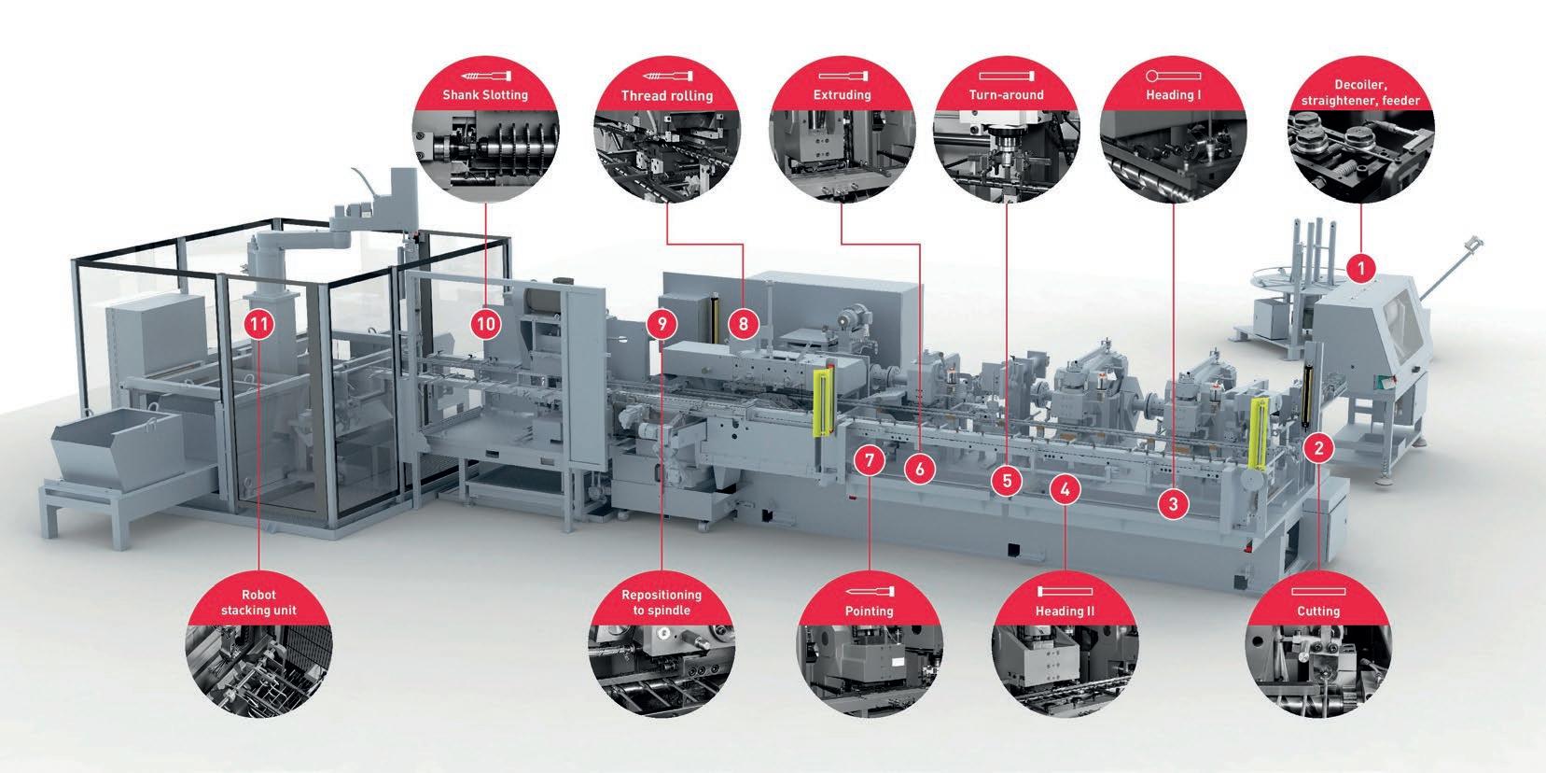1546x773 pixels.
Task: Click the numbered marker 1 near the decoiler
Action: (x=1361, y=269)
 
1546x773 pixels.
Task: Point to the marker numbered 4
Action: (x=1065, y=488)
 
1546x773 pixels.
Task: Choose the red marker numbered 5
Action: (x=1007, y=482)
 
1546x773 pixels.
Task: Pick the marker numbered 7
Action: (x=869, y=460)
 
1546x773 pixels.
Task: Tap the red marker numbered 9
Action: (x=662, y=325)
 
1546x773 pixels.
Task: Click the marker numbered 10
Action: (x=486, y=325)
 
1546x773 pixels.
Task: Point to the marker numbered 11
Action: (x=260, y=325)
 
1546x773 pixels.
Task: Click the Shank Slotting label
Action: (x=485, y=94)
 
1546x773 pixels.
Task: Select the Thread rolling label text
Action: (x=666, y=95)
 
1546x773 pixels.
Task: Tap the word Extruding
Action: (x=842, y=94)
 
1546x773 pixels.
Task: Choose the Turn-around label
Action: (x=1007, y=94)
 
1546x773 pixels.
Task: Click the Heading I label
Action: (x=1173, y=94)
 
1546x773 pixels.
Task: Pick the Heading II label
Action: (x=1065, y=611)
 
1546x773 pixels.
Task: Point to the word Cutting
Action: (x=1317, y=611)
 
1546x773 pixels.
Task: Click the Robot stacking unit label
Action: (x=258, y=603)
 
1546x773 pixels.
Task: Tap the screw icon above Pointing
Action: (x=869, y=592)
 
